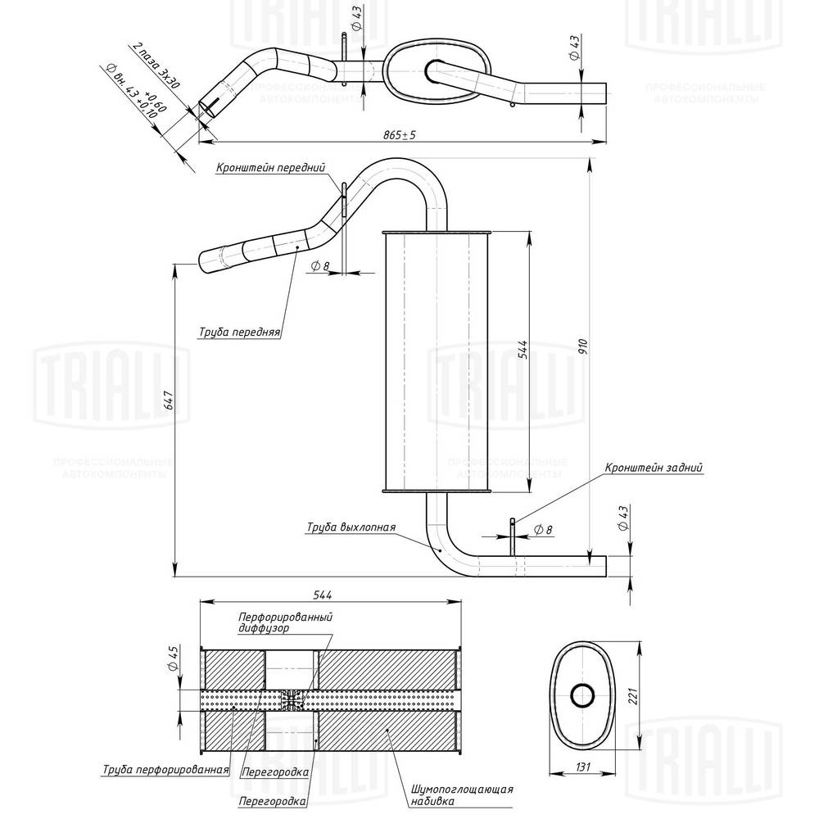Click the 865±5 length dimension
click(x=400, y=135)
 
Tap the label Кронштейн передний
click(x=271, y=169)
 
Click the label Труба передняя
click(x=240, y=333)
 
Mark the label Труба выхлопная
click(x=351, y=527)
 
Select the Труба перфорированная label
click(x=165, y=770)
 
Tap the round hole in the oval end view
click(x=583, y=695)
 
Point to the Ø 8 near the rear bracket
click(x=542, y=530)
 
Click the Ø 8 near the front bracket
click(x=321, y=265)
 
